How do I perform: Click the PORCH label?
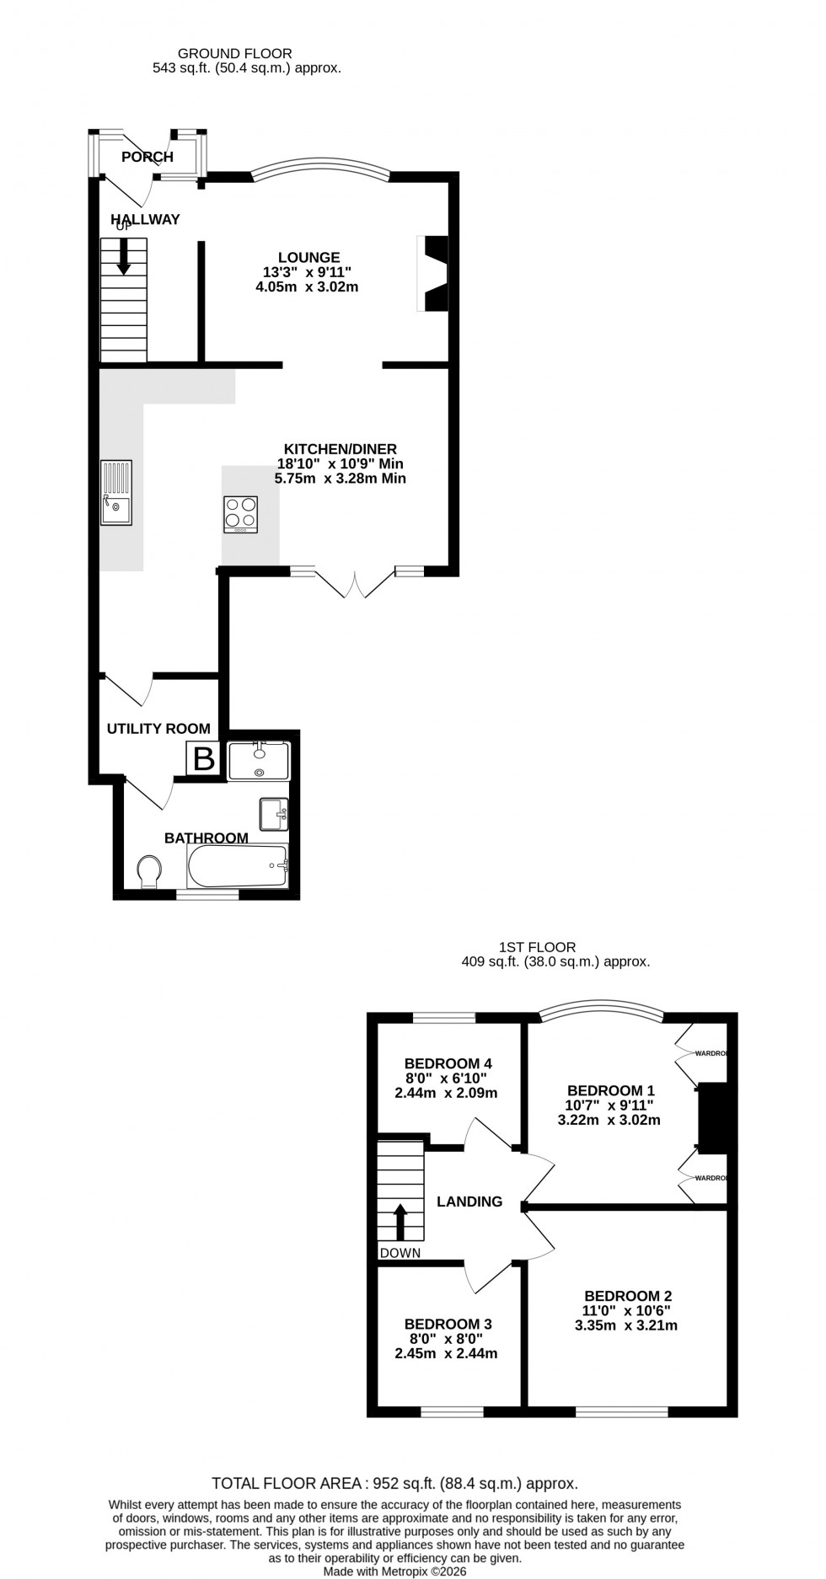pyautogui.click(x=147, y=157)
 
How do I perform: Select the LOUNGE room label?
pyautogui.click(x=309, y=258)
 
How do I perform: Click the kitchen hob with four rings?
pyautogui.click(x=240, y=514)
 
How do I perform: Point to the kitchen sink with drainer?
pyautogui.click(x=116, y=492)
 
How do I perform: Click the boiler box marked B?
pyautogui.click(x=203, y=759)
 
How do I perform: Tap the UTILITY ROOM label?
pyautogui.click(x=158, y=729)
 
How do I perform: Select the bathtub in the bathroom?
pyautogui.click(x=238, y=866)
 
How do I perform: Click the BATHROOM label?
pyautogui.click(x=206, y=838)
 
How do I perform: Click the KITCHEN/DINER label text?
pyautogui.click(x=340, y=450)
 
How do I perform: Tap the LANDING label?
pyautogui.click(x=469, y=1202)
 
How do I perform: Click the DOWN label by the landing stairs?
pyautogui.click(x=400, y=1253)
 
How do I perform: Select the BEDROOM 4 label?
pyautogui.click(x=448, y=1063)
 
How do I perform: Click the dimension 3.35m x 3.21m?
pyautogui.click(x=626, y=1325)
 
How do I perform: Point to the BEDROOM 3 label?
pyautogui.click(x=448, y=1324)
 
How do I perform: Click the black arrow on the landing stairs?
pyautogui.click(x=400, y=1221)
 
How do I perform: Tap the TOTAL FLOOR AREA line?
pyautogui.click(x=394, y=1484)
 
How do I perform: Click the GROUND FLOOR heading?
pyautogui.click(x=235, y=54)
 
